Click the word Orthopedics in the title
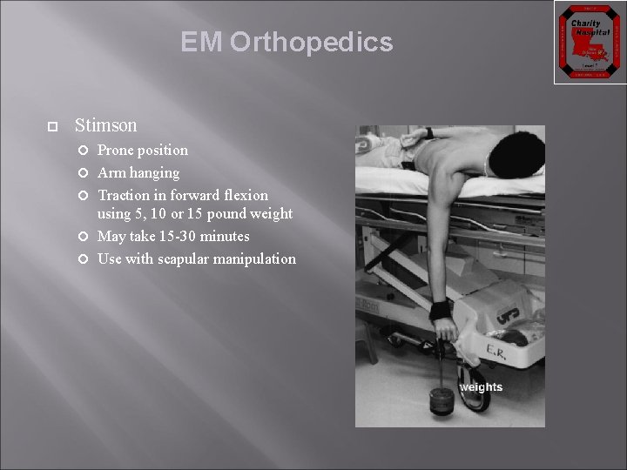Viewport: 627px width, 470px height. [x=312, y=43]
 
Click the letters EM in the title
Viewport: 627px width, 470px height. [x=202, y=43]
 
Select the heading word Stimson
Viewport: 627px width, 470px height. [x=106, y=126]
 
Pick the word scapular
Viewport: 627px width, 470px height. [x=188, y=259]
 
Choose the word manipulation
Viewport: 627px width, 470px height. [x=259, y=259]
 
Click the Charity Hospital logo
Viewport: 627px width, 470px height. [x=585, y=42]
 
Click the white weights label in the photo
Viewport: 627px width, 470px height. [x=481, y=387]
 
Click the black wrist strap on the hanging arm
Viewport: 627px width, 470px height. [x=441, y=310]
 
